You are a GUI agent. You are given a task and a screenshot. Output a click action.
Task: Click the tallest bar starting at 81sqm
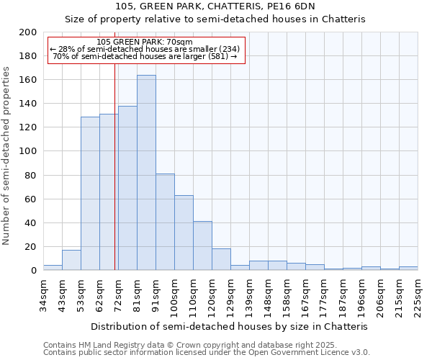click(146, 173)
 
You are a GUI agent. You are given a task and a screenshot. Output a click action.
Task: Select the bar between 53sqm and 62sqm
click(90, 193)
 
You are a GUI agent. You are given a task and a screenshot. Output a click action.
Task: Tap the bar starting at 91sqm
click(165, 222)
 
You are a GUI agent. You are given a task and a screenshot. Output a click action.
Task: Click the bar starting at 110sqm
click(202, 246)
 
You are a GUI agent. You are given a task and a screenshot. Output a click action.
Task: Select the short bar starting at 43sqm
click(71, 260)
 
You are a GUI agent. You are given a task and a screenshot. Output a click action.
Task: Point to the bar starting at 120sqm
click(221, 259)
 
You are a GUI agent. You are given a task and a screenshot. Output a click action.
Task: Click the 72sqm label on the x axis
click(118, 294)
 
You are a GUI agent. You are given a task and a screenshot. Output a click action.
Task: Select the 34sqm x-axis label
click(43, 294)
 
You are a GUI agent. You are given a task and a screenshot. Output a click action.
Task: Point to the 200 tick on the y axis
click(28, 32)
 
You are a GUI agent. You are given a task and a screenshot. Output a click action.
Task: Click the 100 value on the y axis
click(28, 151)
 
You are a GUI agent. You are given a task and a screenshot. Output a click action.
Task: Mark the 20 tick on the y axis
click(31, 247)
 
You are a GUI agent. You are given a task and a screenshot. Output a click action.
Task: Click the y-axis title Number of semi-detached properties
click(7, 156)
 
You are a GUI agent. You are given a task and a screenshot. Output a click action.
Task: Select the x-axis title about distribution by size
click(230, 326)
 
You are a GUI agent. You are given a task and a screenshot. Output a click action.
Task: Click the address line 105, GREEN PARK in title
click(215, 7)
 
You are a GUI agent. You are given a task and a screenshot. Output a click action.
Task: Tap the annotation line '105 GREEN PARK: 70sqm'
click(144, 42)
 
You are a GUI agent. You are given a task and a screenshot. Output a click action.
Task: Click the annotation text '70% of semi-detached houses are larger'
click(144, 56)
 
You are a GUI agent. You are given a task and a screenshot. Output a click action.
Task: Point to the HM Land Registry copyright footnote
click(206, 345)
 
